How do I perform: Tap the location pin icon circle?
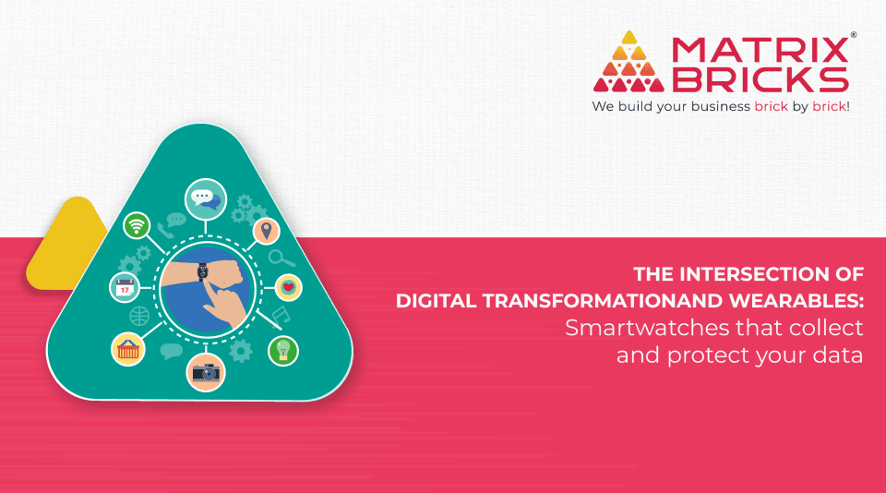pyautogui.click(x=267, y=231)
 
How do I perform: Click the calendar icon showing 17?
pyautogui.click(x=125, y=287)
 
